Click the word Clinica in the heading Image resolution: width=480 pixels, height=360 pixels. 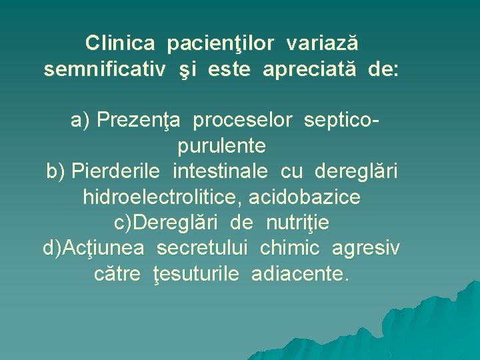point(120,44)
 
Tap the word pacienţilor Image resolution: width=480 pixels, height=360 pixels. point(221,44)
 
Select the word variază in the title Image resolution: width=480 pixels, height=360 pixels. point(323,44)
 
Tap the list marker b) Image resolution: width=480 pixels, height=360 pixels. point(55,171)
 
